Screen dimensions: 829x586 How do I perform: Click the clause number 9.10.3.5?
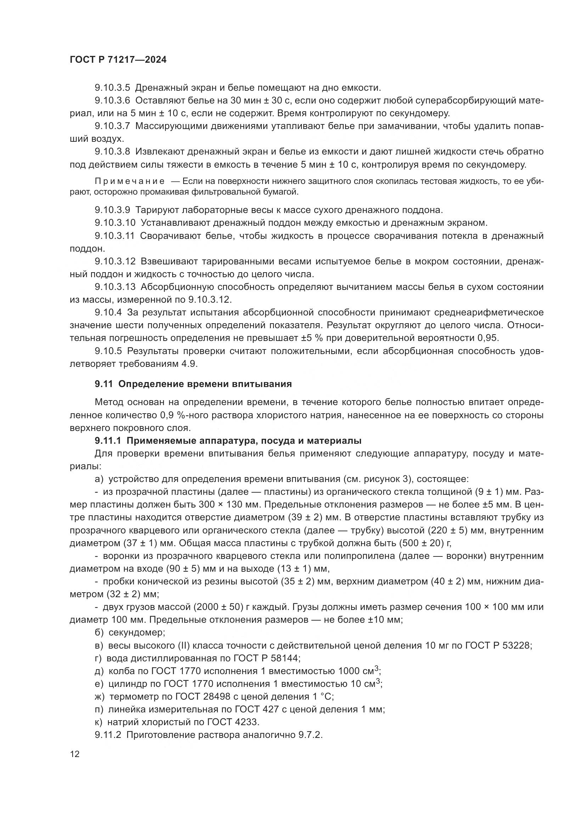112,88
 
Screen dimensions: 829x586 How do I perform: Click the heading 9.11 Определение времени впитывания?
193,384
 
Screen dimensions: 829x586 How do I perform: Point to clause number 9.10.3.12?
115,262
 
